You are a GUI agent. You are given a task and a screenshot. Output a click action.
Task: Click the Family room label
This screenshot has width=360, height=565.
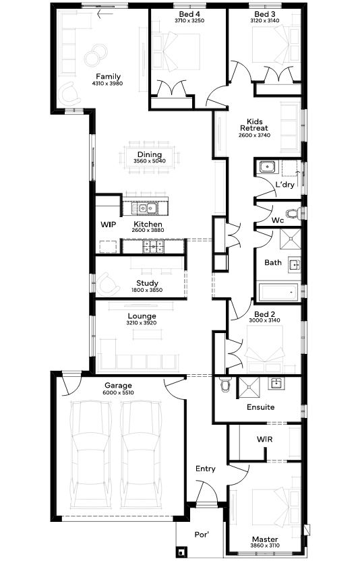[x=108, y=76]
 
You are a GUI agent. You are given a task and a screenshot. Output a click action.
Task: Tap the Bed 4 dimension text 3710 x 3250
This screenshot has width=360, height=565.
[x=189, y=20]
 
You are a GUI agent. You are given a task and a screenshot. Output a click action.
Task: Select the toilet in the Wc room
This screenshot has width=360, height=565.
[x=294, y=214]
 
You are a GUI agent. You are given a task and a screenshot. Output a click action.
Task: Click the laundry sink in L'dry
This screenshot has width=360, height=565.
[x=266, y=167]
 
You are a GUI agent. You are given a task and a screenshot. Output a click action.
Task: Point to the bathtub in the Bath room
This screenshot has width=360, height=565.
[x=279, y=292]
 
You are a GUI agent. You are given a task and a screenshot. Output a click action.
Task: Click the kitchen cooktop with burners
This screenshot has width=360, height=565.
[x=153, y=247]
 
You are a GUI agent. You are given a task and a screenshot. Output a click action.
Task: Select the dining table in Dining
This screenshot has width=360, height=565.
[x=150, y=158]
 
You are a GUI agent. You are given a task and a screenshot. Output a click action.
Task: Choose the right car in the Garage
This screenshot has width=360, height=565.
[x=140, y=454]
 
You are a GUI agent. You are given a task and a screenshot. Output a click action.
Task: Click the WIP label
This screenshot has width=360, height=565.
[x=108, y=225]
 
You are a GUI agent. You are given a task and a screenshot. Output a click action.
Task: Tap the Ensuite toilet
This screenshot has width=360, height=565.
[x=226, y=384]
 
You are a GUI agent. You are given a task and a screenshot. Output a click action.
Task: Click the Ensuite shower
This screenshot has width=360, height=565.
[x=248, y=388]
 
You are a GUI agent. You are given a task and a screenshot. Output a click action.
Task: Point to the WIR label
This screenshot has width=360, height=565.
[x=264, y=439]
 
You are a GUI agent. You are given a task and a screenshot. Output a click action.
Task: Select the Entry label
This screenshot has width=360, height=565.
[x=206, y=469]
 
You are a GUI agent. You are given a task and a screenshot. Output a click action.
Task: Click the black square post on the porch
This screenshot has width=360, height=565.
[x=181, y=552]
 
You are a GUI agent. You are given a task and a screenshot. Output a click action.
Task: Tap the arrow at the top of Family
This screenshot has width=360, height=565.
[x=105, y=14]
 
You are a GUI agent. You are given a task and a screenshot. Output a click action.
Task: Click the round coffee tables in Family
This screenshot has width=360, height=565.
[x=96, y=55]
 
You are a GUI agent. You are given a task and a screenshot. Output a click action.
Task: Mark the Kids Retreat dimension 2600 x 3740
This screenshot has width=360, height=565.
[x=254, y=136]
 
